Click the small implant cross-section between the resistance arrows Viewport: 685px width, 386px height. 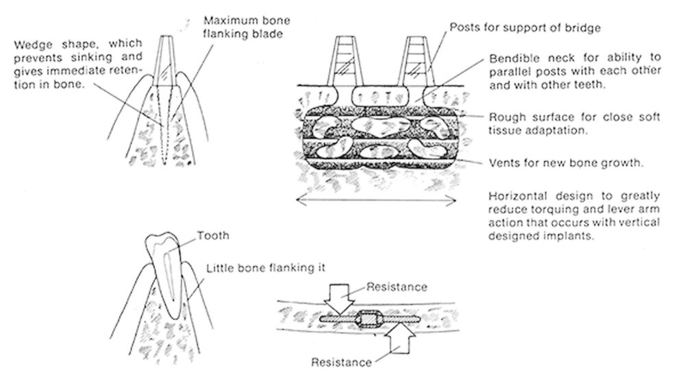(x=371, y=319)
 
